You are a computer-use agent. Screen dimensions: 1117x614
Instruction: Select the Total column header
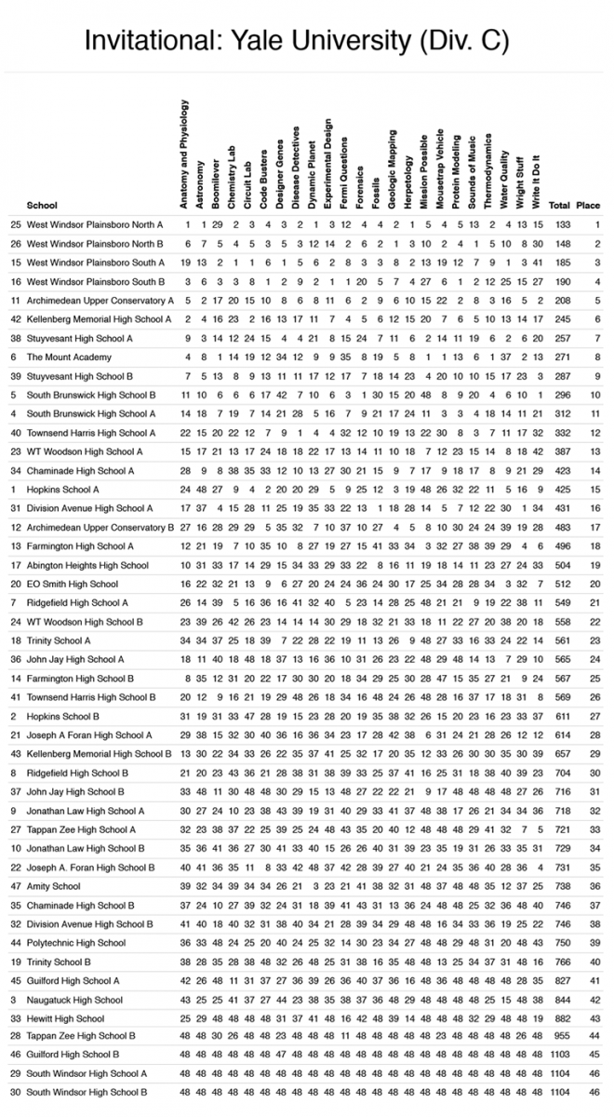coord(559,205)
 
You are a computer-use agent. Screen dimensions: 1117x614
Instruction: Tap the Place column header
coord(588,205)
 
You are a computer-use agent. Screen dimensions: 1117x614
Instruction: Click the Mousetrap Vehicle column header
coord(438,158)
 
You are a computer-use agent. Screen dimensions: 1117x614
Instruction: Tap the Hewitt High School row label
coord(65,1017)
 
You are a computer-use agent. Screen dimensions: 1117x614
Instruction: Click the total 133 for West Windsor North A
coord(561,224)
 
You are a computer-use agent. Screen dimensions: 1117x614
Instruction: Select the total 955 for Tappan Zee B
coord(561,1035)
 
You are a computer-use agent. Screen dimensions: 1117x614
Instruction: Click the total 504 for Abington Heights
coord(561,565)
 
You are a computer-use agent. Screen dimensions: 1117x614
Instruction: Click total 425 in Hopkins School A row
coord(561,489)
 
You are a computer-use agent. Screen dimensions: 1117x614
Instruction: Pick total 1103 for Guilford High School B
coord(559,1054)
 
